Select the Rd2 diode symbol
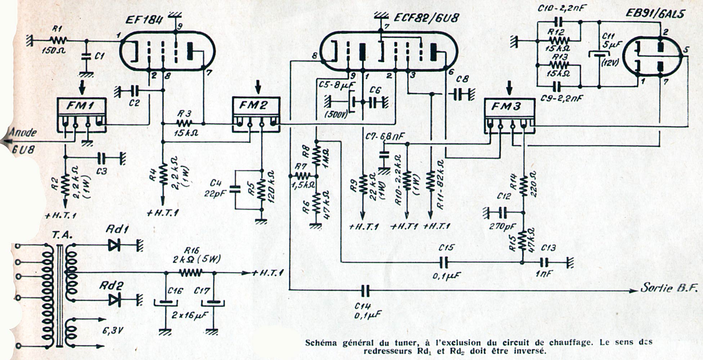coord(115,299)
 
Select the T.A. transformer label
coord(62,235)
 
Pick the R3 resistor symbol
coord(184,123)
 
